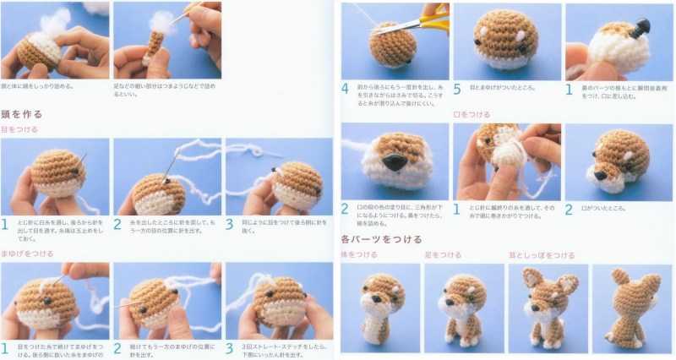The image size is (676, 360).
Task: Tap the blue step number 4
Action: point(345,89)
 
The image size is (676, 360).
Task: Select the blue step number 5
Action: point(457,89)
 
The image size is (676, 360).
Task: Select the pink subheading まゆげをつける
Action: point(27,253)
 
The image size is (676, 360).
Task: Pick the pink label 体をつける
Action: point(358,254)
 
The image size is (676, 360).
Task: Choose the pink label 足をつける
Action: point(443,254)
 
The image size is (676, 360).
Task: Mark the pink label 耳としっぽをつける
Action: point(538,254)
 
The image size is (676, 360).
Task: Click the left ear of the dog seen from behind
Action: point(616,276)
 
